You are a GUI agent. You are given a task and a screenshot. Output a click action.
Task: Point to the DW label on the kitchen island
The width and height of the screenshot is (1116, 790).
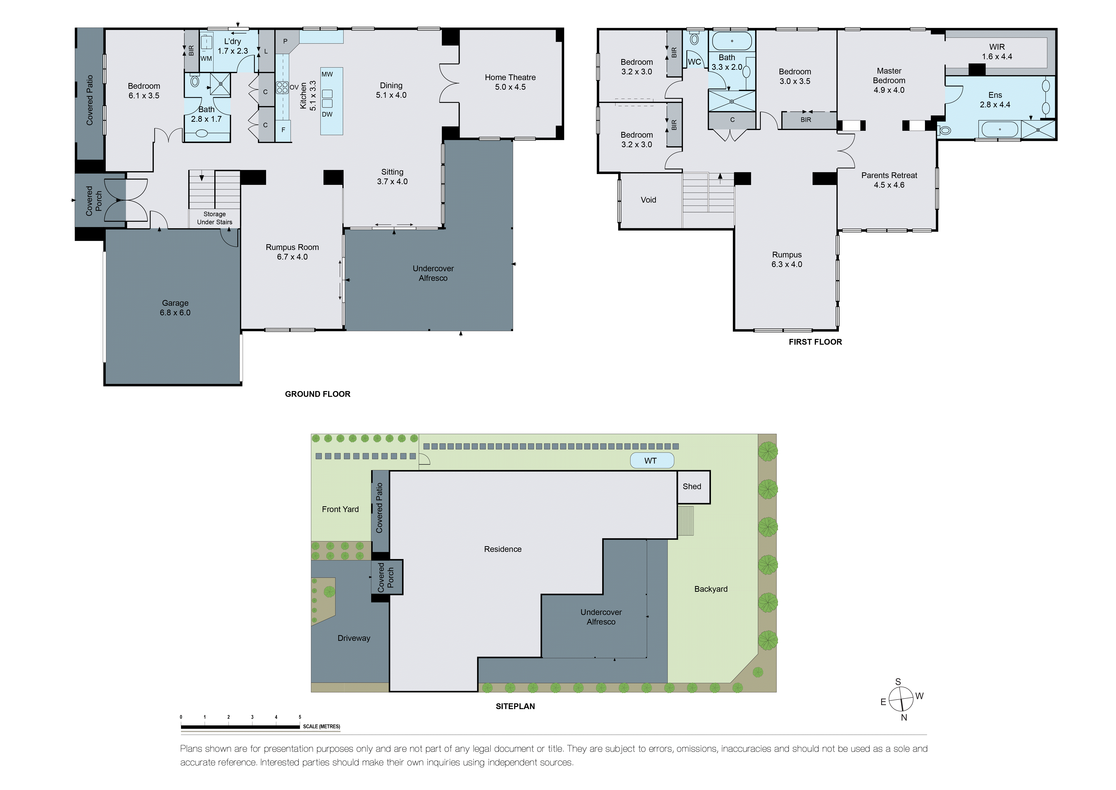[327, 114]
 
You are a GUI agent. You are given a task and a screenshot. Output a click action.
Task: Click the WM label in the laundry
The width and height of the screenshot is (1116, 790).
[206, 58]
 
